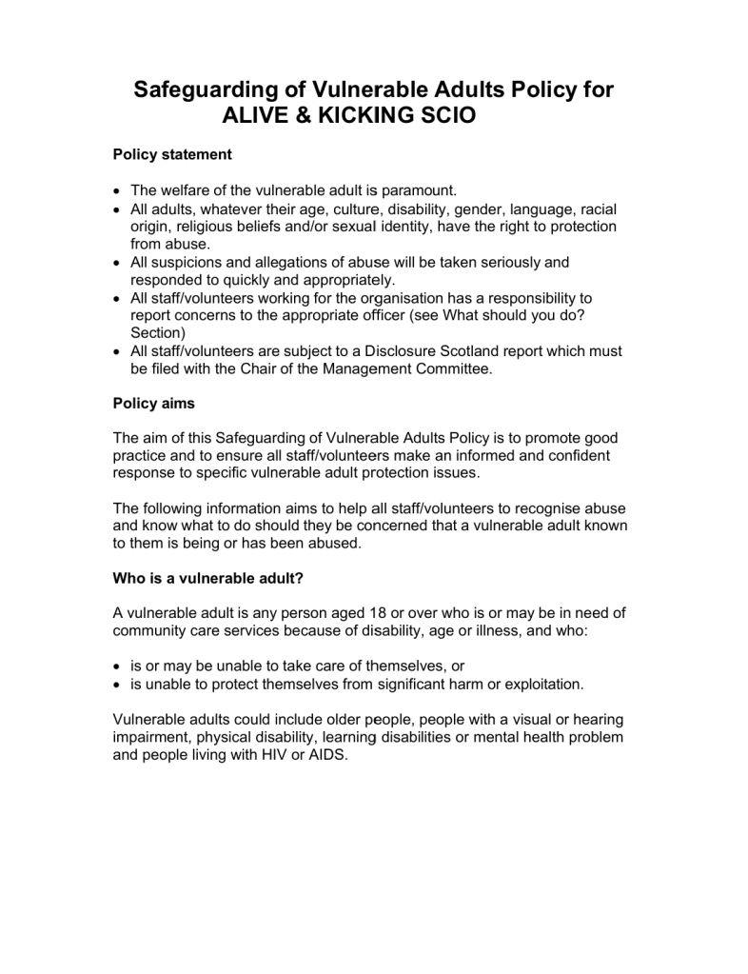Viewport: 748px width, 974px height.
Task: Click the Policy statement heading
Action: pos(172,153)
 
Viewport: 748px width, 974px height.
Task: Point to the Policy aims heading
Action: pos(153,403)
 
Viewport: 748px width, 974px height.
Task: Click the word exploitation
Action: pos(541,685)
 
